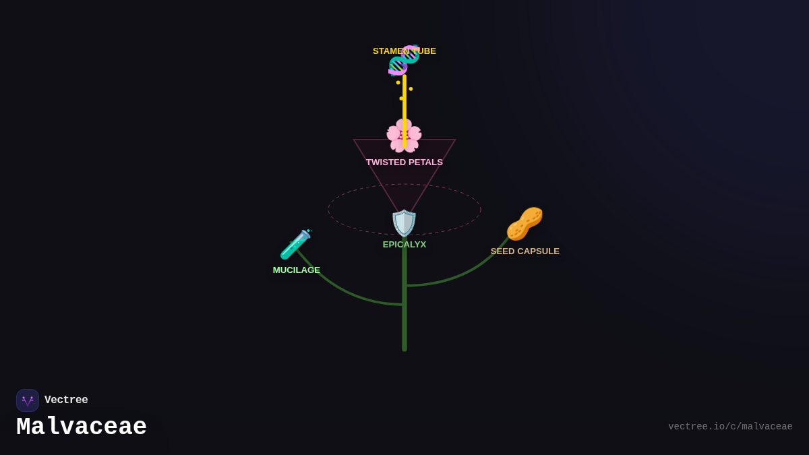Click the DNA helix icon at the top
404,60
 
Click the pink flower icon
404,135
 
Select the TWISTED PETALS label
404,162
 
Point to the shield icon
404,223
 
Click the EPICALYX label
404,245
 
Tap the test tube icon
295,244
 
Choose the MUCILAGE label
297,270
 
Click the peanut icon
525,224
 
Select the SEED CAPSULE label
525,251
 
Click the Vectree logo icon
28,400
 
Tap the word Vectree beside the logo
66,400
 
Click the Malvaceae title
82,427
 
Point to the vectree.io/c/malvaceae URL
730,427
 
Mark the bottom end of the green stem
404,348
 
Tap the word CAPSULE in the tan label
538,251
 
